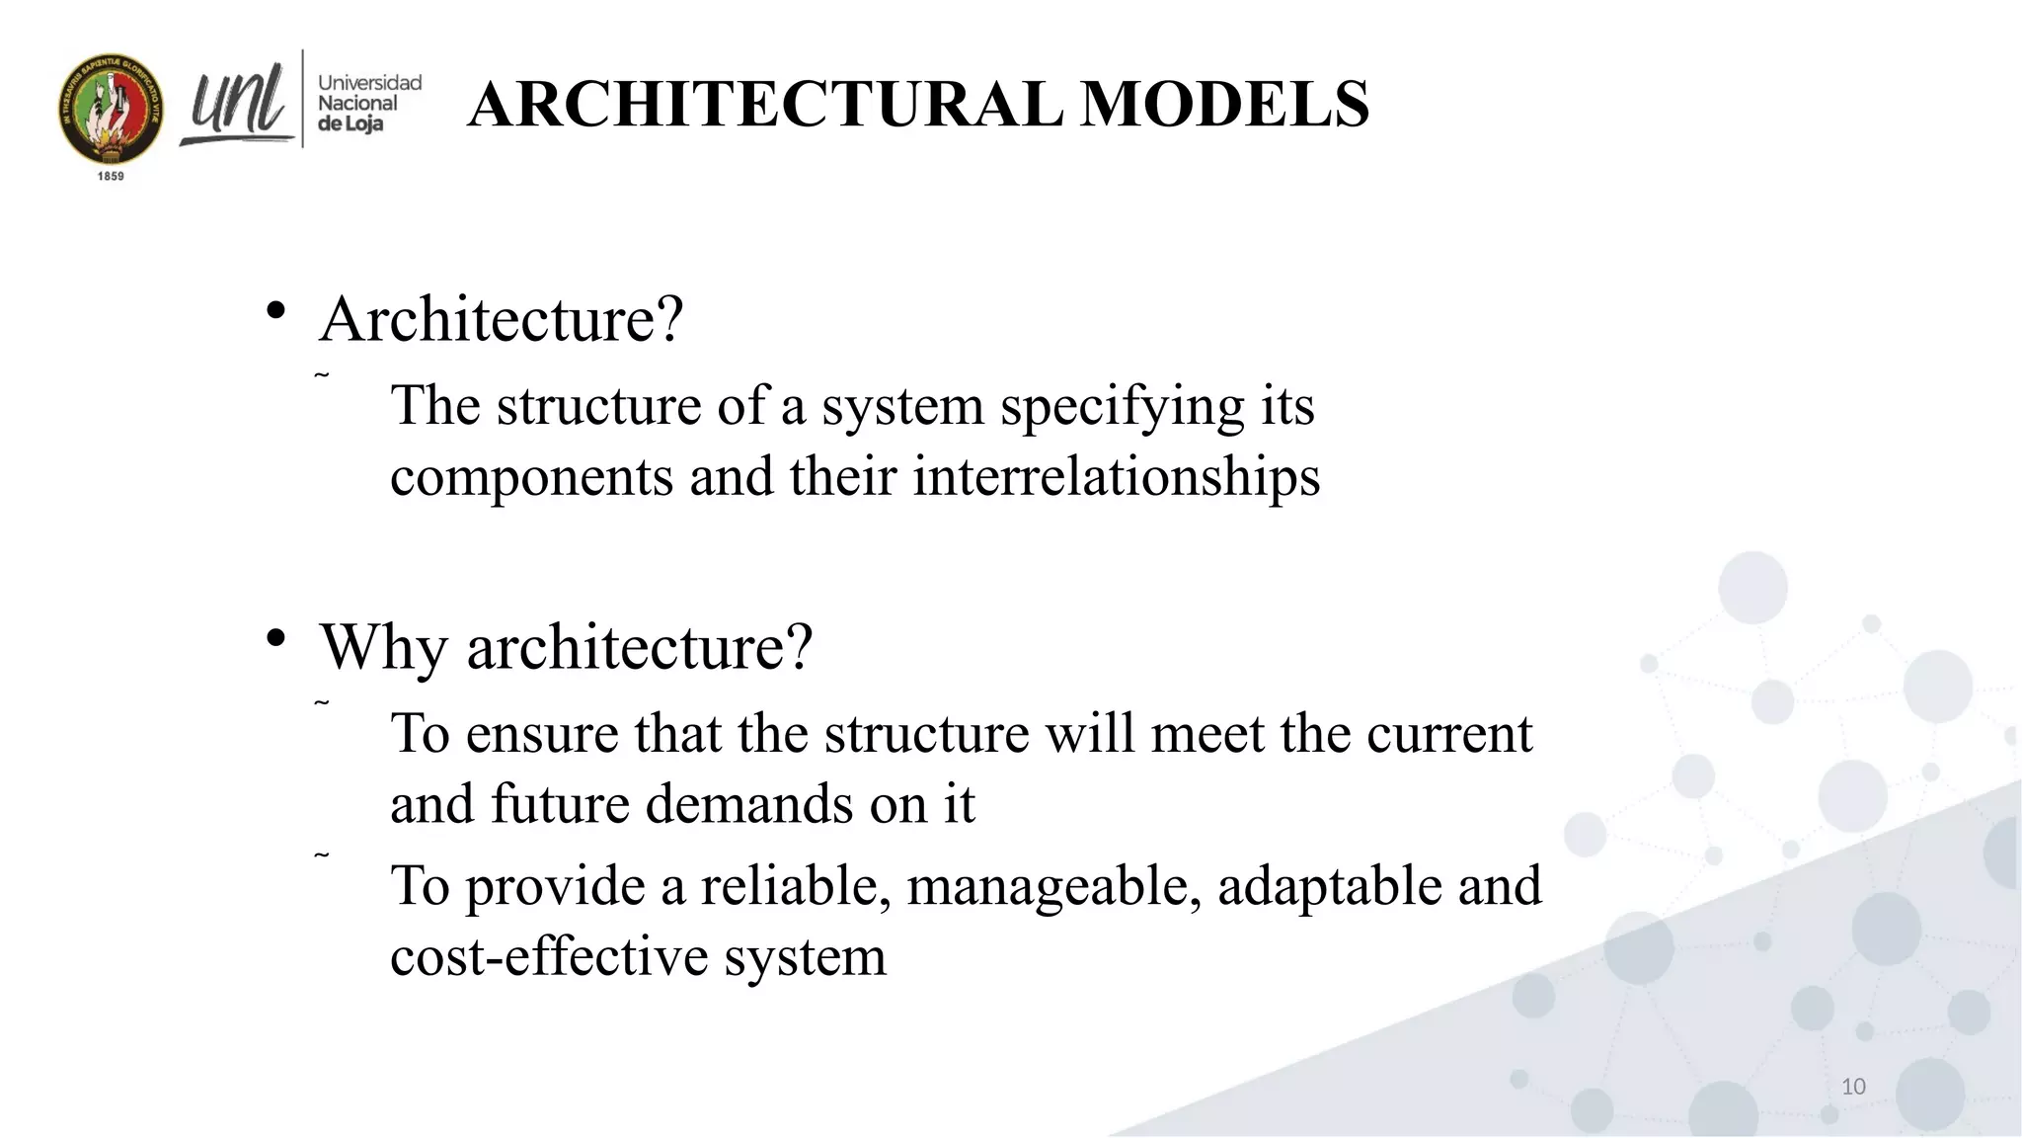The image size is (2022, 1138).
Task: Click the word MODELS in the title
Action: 1224,105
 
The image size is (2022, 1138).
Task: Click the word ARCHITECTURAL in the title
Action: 766,105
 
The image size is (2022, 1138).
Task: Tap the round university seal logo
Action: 111,109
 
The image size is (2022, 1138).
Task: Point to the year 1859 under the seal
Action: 111,176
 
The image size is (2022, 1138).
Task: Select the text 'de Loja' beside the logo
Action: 350,124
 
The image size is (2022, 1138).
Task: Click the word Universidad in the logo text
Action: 369,83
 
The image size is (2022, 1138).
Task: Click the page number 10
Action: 1853,1087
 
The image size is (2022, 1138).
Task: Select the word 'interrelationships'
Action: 1116,476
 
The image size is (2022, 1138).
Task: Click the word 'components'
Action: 531,478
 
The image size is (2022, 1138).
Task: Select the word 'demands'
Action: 749,804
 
